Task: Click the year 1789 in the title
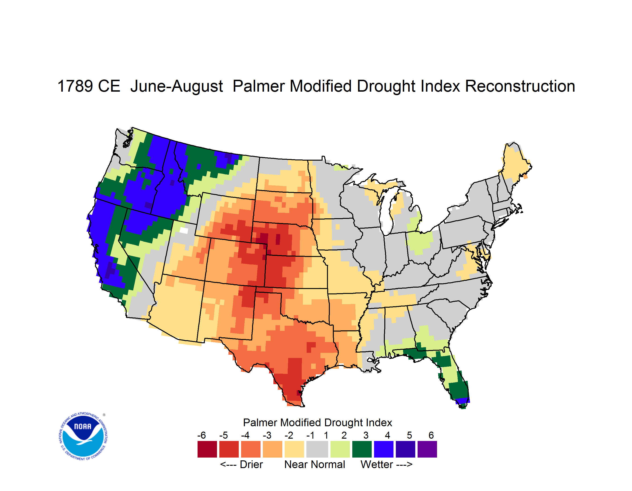point(75,86)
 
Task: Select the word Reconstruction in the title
point(520,86)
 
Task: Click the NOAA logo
point(83,436)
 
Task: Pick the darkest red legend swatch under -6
point(207,449)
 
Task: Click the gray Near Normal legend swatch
point(317,449)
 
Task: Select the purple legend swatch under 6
point(427,449)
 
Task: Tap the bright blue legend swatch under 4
point(384,449)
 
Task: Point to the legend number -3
point(267,435)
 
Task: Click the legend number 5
point(409,435)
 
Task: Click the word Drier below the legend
point(251,464)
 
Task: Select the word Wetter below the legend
point(377,464)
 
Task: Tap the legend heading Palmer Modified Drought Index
point(317,422)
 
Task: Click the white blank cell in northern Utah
point(184,230)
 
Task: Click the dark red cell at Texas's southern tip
point(299,393)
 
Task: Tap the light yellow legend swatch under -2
point(294,449)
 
